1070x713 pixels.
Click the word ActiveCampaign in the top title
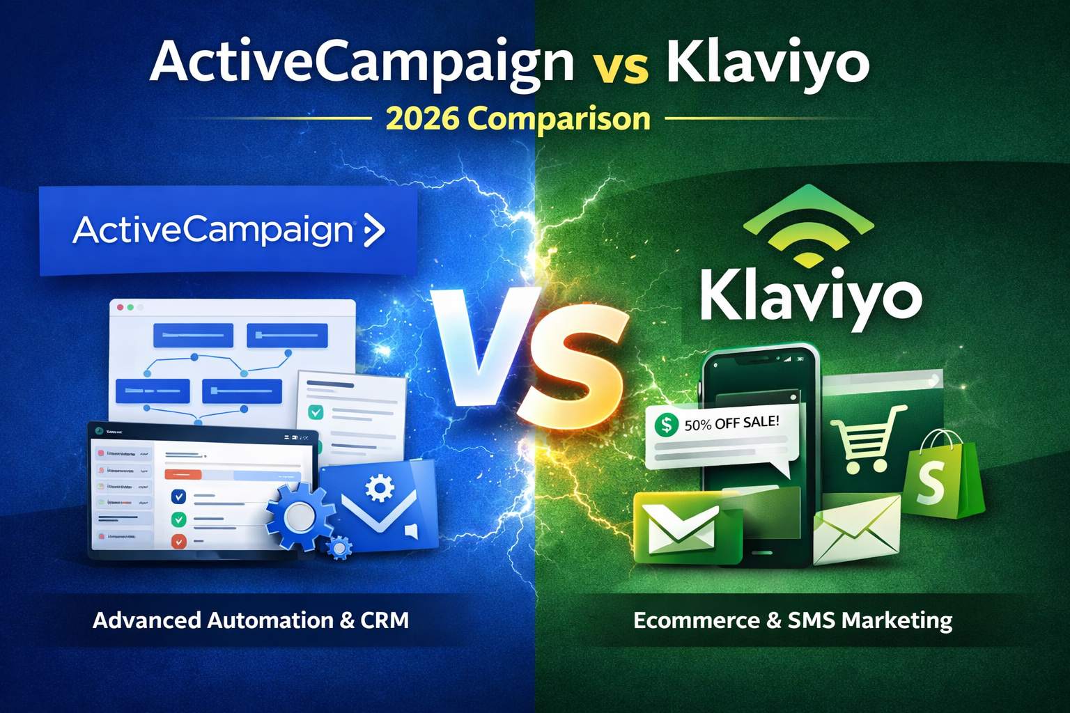(x=362, y=63)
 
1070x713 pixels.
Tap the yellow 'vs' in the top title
(x=621, y=68)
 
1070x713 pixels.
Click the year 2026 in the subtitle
(x=422, y=118)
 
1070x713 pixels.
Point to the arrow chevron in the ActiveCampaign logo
(x=374, y=230)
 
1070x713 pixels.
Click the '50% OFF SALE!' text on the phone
(x=731, y=423)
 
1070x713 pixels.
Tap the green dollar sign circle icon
(x=667, y=424)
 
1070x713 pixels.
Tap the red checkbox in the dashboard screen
(x=178, y=541)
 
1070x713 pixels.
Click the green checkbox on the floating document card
(x=316, y=412)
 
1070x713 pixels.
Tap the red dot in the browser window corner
(x=120, y=307)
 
